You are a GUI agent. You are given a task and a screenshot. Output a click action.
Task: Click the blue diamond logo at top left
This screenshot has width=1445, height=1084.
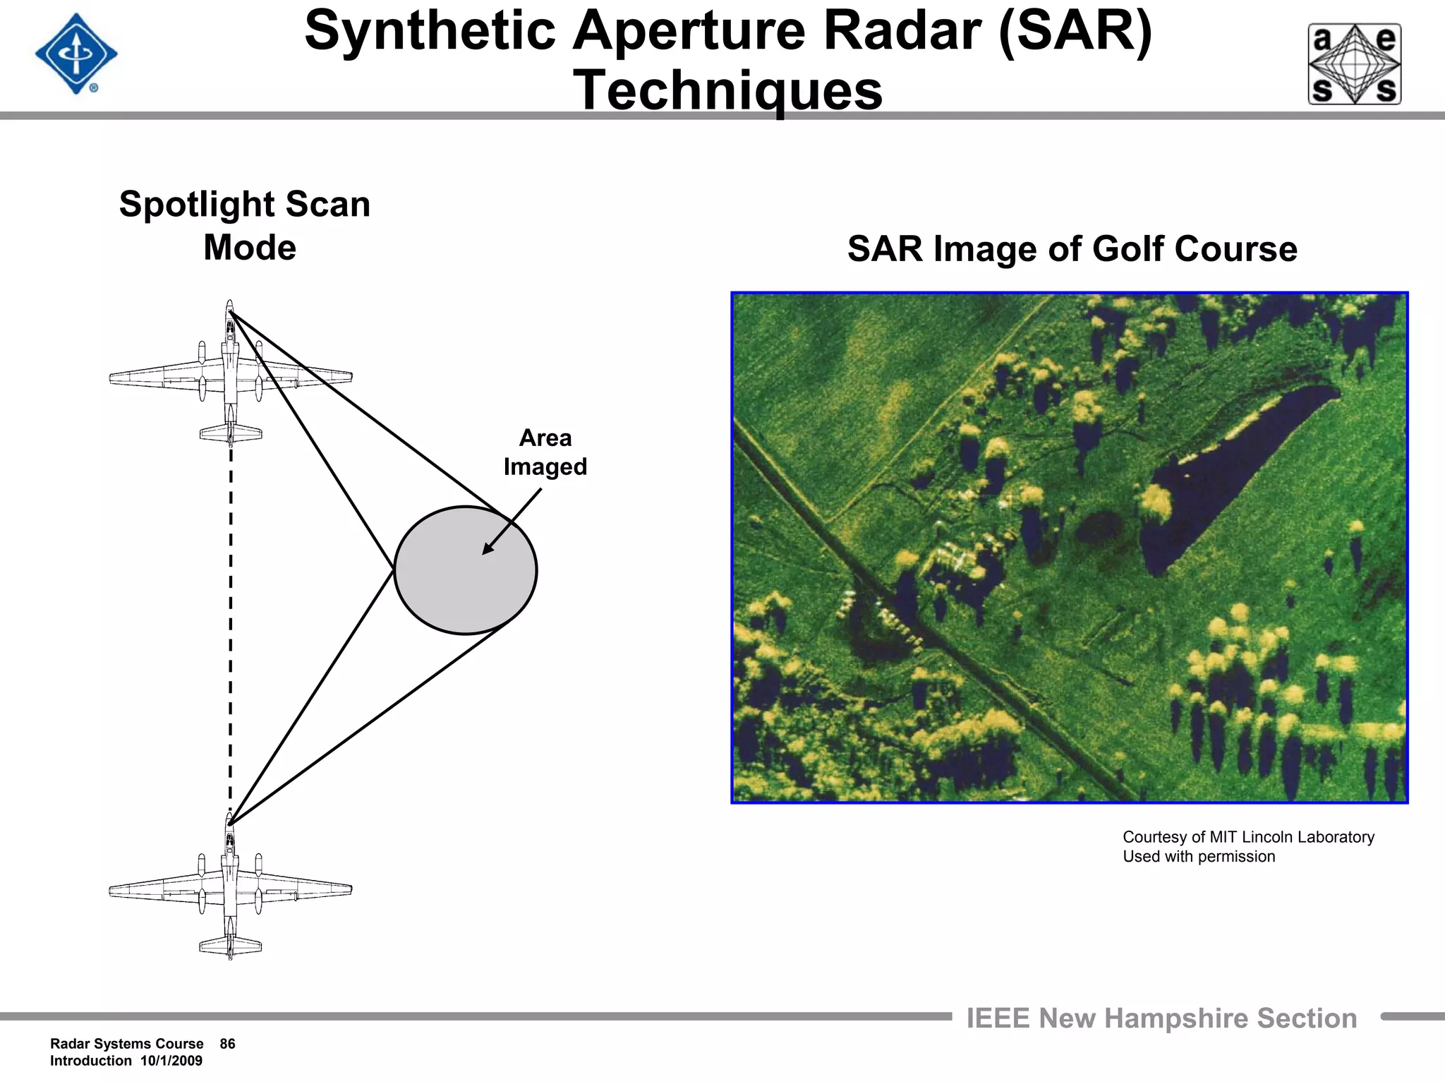click(76, 54)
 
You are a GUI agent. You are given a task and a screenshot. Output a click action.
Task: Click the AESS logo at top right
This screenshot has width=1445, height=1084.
click(1354, 64)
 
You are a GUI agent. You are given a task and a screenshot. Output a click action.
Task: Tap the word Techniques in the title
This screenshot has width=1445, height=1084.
click(727, 90)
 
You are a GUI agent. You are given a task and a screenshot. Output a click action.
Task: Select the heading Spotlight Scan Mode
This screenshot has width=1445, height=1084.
click(245, 225)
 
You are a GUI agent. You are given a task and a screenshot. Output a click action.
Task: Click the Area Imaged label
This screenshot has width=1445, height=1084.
click(545, 452)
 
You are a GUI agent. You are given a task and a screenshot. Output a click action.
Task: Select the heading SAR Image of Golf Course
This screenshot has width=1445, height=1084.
click(1072, 249)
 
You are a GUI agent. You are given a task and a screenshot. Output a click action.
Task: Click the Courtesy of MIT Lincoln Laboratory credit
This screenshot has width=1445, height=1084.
click(1248, 837)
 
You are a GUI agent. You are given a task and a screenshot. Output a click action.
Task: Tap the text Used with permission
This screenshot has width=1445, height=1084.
click(1199, 857)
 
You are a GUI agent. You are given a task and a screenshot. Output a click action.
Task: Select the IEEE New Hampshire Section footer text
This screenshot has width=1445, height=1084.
click(1161, 1018)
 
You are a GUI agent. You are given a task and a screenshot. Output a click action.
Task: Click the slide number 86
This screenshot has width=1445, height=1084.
click(227, 1044)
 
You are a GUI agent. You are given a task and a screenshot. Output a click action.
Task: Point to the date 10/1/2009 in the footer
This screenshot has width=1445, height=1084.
click(171, 1061)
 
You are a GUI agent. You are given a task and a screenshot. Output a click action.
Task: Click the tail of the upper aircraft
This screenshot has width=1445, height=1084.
click(231, 433)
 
